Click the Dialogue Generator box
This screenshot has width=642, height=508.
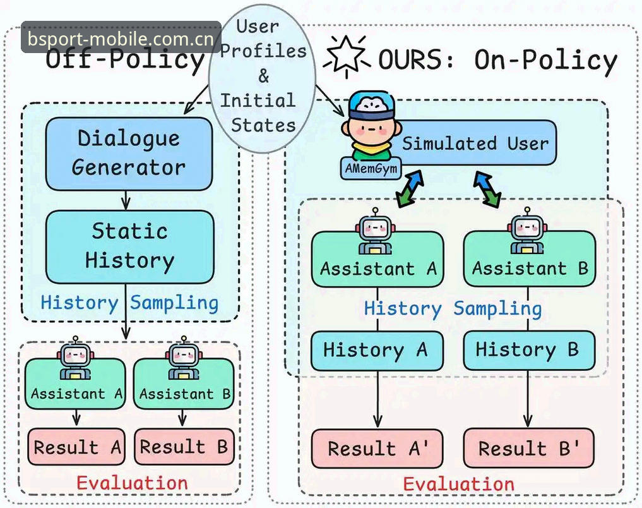tap(129, 154)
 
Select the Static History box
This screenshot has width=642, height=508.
tap(129, 246)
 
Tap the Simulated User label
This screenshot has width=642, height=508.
tap(475, 143)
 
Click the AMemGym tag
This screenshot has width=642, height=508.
tap(371, 168)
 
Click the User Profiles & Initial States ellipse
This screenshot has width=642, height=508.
tap(262, 78)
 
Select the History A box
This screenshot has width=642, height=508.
tap(377, 351)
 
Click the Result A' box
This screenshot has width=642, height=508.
tap(377, 448)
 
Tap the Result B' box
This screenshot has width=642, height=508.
tap(528, 448)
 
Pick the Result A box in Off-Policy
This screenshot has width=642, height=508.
tap(76, 447)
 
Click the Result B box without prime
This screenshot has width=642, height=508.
tap(184, 447)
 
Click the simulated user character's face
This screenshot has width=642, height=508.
tap(371, 128)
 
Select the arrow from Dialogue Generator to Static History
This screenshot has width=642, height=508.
tap(126, 200)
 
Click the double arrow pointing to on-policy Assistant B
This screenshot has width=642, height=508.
tap(487, 190)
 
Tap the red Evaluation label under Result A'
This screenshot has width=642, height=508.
tap(458, 484)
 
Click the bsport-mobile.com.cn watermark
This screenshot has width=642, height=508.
tap(121, 39)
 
